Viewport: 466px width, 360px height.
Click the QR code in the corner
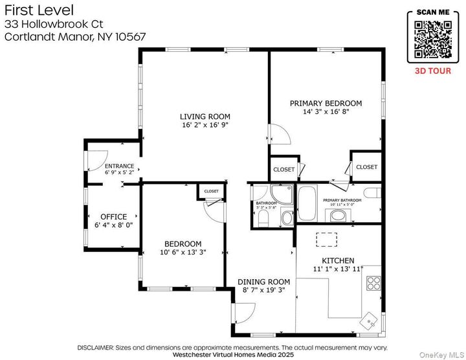[432, 39]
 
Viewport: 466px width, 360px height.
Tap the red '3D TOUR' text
[432, 71]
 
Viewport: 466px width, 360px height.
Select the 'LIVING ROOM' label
[205, 117]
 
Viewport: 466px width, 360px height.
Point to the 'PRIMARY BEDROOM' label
[326, 103]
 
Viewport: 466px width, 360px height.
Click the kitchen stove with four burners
[373, 282]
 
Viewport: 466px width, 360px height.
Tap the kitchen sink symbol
[370, 320]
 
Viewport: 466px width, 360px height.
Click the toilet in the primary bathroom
[372, 192]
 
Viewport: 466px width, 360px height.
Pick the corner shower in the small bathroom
[282, 194]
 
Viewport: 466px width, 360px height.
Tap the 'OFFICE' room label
[113, 217]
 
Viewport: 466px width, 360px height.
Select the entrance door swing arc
[96, 159]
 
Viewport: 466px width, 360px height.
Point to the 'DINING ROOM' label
[264, 282]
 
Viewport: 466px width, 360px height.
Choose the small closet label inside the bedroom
[211, 192]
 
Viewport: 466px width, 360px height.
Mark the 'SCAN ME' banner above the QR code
[432, 12]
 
